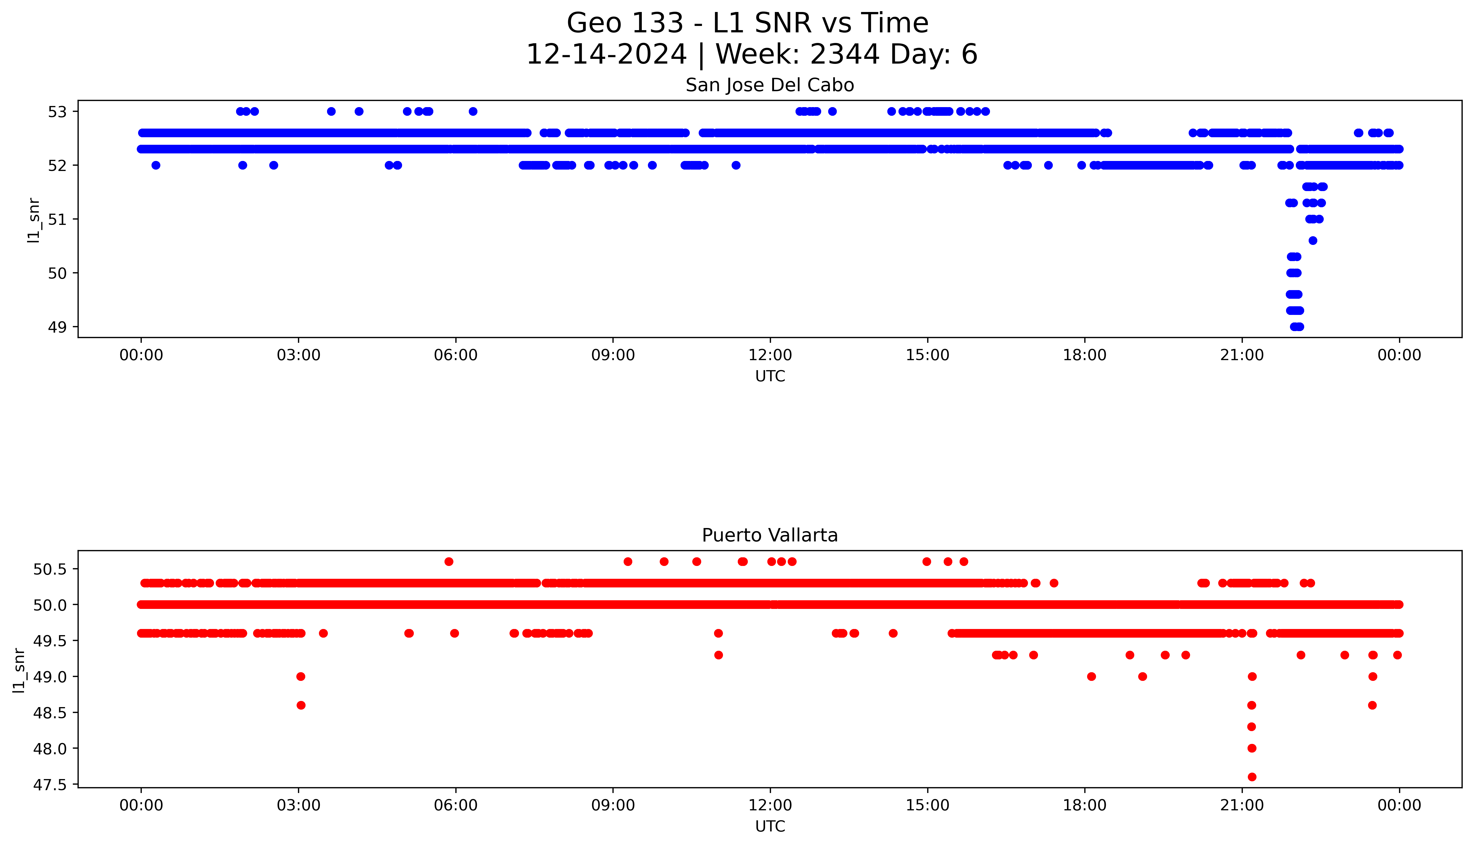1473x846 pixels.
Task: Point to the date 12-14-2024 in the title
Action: point(606,55)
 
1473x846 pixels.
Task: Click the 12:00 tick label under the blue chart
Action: point(770,355)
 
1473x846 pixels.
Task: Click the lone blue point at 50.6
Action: point(1313,240)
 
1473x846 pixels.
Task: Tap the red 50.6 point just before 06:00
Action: point(449,561)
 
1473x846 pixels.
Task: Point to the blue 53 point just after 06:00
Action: point(473,112)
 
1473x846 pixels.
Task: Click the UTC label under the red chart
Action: point(770,826)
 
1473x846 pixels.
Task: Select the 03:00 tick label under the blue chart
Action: point(299,355)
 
